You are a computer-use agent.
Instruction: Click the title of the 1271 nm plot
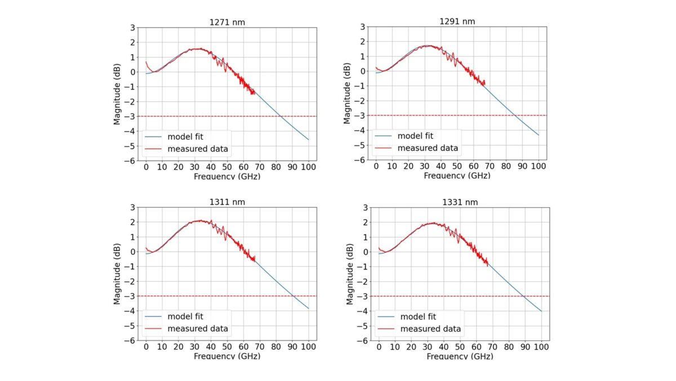pos(226,22)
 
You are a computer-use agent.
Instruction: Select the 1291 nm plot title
pos(457,21)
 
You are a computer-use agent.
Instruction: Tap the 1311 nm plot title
pos(226,202)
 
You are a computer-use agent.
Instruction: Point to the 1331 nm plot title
pos(459,202)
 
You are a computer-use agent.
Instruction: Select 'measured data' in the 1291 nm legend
pos(428,148)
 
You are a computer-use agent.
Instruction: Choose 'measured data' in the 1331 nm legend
pos(430,329)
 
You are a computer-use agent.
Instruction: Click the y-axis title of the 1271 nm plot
pos(117,94)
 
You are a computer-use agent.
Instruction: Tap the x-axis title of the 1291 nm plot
pos(457,176)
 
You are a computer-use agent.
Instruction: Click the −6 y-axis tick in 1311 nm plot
pos(133,340)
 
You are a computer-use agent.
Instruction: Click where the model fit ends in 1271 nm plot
pos(308,140)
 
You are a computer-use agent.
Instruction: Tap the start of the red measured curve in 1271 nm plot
pos(146,61)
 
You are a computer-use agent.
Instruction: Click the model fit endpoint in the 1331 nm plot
pos(541,311)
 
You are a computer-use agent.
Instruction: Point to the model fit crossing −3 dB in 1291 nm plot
pos(514,116)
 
